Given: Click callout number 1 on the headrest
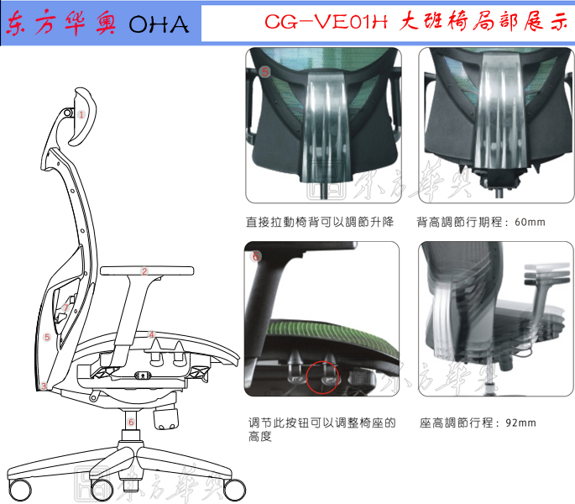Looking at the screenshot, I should pyautogui.click(x=82, y=113).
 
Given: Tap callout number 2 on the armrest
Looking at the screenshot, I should pyautogui.click(x=144, y=271).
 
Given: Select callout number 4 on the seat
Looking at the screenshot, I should pyautogui.click(x=151, y=335).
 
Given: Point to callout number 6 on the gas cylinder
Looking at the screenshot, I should pyautogui.click(x=131, y=422).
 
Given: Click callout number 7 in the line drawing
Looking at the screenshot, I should pyautogui.click(x=65, y=307).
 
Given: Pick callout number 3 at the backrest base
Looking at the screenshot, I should pyautogui.click(x=43, y=386).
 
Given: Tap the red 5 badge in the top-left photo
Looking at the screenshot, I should pyautogui.click(x=265, y=73).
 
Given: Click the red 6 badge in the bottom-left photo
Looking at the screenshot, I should pyautogui.click(x=256, y=256).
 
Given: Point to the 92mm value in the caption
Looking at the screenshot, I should pyautogui.click(x=520, y=423).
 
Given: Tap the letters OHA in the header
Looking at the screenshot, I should pyautogui.click(x=159, y=26).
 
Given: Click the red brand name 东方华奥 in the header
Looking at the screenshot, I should pyautogui.click(x=63, y=26).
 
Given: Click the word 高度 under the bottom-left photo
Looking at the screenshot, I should pyautogui.click(x=259, y=438).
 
